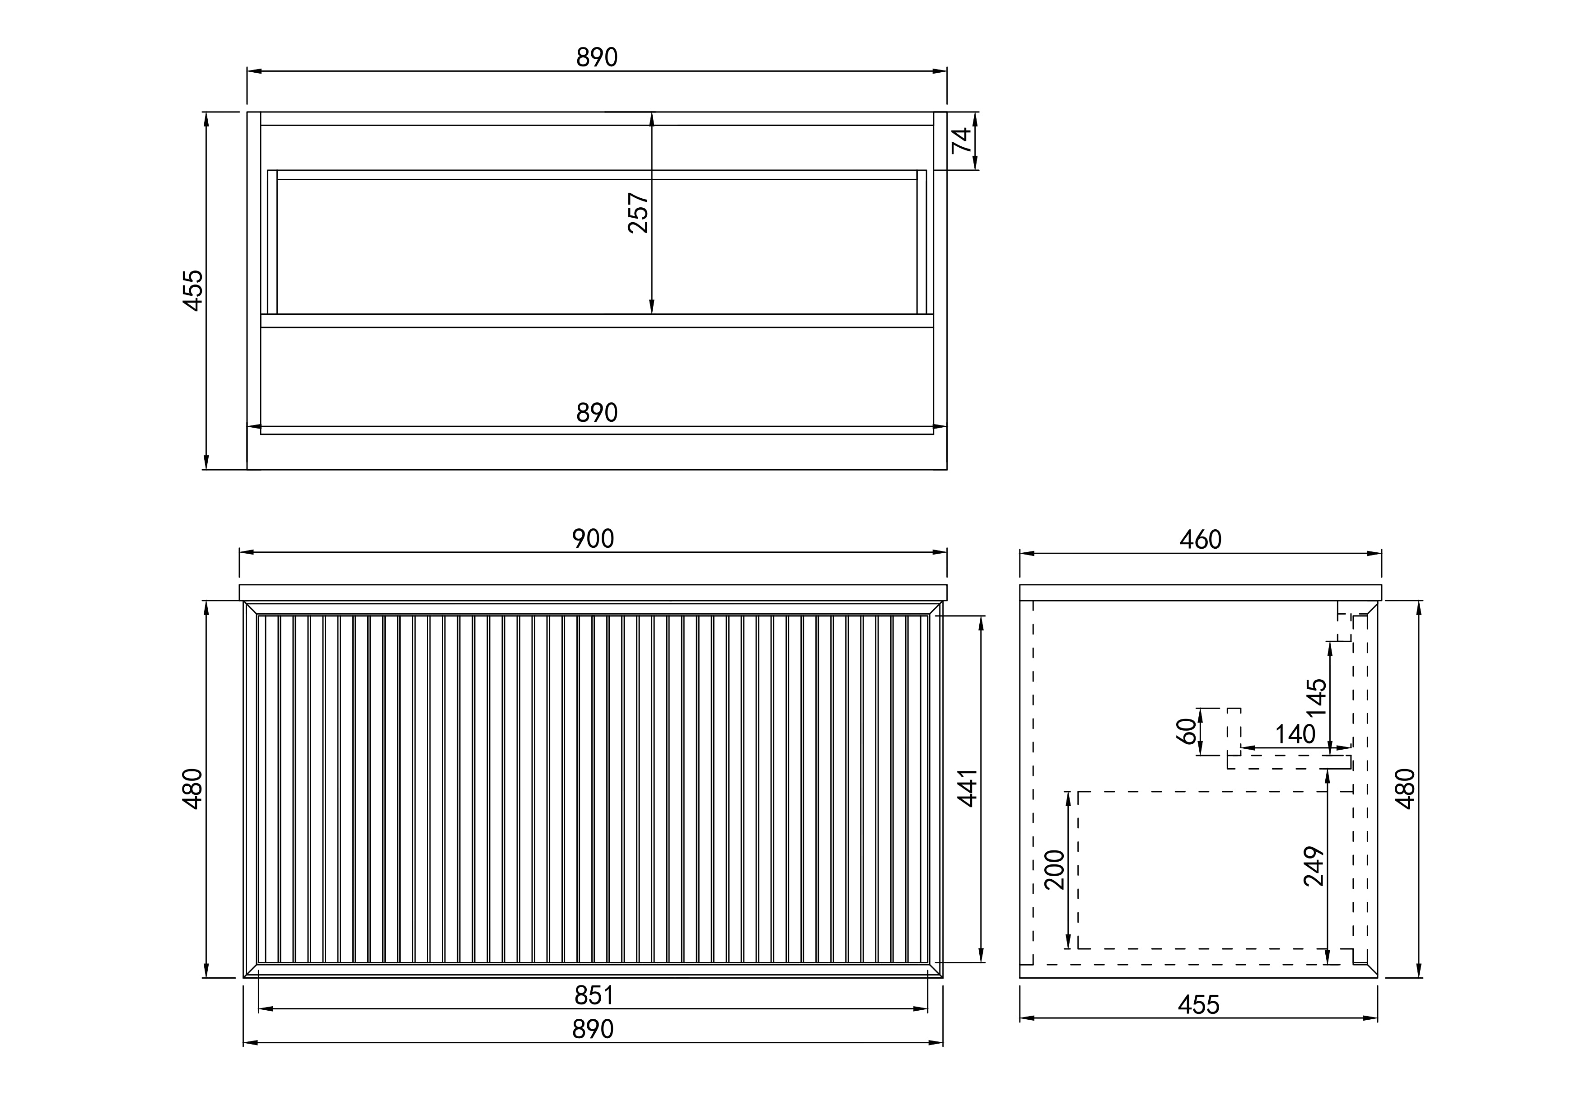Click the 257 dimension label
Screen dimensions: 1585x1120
639,213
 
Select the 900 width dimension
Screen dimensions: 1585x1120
593,539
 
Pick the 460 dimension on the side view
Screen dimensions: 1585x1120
1201,540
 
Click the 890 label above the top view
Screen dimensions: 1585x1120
597,58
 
